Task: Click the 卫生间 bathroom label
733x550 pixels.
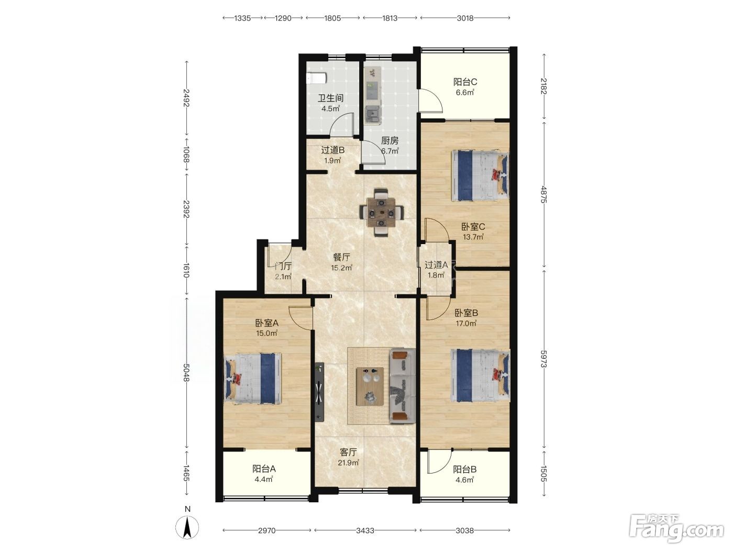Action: click(x=330, y=98)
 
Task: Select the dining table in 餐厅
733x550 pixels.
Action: click(x=381, y=213)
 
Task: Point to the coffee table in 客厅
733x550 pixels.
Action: click(x=370, y=387)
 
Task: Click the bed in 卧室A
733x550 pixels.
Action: click(x=253, y=378)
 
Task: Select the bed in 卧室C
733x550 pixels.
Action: click(x=480, y=176)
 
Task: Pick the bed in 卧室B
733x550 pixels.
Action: click(x=480, y=375)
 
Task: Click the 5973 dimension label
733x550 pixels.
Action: click(x=543, y=359)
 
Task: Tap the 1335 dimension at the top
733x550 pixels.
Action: click(x=242, y=18)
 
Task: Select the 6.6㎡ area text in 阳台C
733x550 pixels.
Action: click(x=465, y=92)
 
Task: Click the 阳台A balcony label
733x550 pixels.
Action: click(x=264, y=469)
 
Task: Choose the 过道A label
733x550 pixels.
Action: click(x=436, y=265)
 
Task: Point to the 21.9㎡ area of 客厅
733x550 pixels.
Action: click(x=348, y=463)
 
